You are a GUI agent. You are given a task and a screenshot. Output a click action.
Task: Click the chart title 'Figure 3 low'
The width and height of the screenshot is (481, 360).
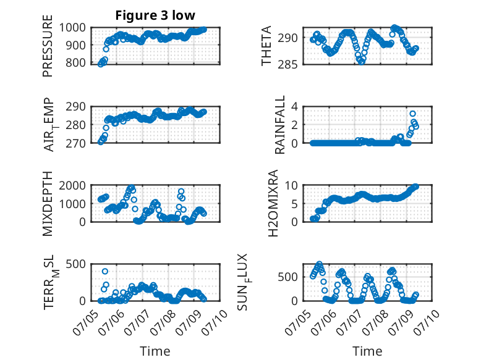tap(155, 15)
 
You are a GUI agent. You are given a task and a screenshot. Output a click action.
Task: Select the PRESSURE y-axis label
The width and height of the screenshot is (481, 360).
tap(48, 46)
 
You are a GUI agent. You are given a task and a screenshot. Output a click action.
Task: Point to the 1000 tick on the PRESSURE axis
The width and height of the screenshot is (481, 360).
tap(72, 28)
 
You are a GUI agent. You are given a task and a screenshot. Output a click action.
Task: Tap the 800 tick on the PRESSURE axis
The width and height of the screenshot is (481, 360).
tap(76, 62)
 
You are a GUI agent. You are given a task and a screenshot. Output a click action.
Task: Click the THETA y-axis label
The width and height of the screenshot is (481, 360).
tap(266, 46)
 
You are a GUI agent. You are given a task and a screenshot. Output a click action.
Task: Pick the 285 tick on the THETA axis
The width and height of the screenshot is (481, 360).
tap(287, 64)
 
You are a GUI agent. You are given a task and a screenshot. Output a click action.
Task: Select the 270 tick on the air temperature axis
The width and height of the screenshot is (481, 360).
tap(76, 143)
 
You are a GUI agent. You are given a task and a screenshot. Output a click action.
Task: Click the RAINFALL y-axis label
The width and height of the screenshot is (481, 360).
tap(280, 125)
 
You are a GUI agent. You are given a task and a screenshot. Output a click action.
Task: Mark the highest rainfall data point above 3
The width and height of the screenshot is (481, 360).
tap(412, 114)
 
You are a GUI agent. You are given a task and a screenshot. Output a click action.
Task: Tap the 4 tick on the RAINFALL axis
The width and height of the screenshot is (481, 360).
tap(294, 107)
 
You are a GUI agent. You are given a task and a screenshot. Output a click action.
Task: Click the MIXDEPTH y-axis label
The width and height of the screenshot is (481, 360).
tap(48, 203)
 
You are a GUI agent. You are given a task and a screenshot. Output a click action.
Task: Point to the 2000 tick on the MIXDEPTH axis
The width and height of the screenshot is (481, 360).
tap(72, 185)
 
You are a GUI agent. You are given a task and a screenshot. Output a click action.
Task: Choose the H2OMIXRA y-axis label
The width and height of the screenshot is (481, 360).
tap(273, 203)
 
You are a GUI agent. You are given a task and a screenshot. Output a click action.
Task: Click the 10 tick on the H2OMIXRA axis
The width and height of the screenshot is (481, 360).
tap(291, 185)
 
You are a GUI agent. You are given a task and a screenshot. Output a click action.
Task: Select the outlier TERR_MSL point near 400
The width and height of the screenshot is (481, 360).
tap(105, 271)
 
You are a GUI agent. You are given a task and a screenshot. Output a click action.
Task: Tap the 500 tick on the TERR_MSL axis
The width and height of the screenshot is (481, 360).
tap(76, 264)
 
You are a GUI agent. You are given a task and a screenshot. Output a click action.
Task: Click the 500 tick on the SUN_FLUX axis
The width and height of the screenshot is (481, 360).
tap(287, 277)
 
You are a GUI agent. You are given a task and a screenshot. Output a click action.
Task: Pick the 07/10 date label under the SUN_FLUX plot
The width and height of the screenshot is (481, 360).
tap(427, 322)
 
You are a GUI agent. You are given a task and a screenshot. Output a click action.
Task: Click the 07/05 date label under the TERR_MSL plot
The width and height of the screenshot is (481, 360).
tap(85, 322)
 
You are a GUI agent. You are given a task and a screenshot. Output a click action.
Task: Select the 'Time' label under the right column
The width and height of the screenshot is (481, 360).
tap(367, 351)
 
